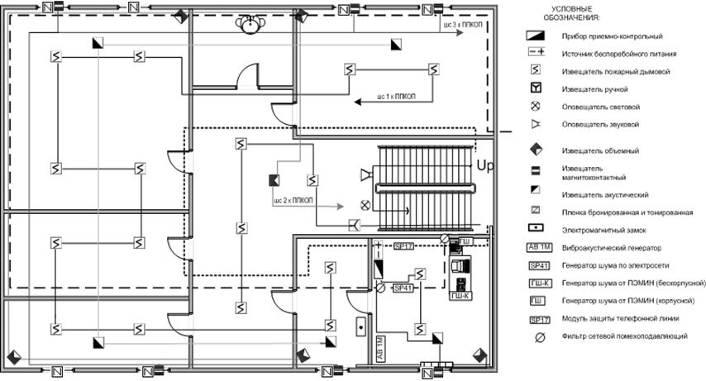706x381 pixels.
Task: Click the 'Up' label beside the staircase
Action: tap(485, 166)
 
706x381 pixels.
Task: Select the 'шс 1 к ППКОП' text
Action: tap(393, 98)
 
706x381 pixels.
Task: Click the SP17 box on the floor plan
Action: tap(403, 245)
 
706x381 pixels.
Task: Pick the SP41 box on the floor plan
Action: tap(403, 288)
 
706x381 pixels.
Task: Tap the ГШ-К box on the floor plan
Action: tap(460, 295)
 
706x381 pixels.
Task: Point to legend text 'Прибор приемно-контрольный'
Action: tap(612, 36)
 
